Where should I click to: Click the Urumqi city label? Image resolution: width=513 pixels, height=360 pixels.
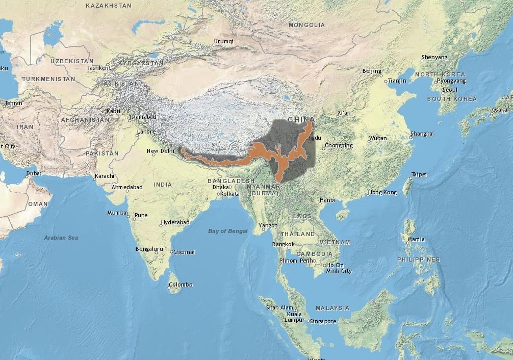(223, 41)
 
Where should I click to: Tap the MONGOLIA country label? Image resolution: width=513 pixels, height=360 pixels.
(306, 25)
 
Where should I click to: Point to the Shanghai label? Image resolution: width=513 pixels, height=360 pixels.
(423, 134)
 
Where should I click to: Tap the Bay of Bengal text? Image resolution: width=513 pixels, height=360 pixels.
(228, 231)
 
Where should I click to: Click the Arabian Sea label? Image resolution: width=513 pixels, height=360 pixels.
(61, 238)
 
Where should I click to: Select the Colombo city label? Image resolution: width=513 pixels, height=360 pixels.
(181, 285)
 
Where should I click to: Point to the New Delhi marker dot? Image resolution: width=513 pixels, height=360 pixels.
(153, 155)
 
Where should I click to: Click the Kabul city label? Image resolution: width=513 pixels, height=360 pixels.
(114, 111)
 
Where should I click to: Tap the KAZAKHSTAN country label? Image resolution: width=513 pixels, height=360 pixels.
(109, 6)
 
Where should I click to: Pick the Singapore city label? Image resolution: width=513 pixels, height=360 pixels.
(323, 321)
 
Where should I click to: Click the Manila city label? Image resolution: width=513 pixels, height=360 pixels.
(416, 239)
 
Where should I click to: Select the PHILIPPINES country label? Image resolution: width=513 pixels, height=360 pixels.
(419, 260)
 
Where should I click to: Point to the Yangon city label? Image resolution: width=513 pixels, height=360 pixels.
(268, 225)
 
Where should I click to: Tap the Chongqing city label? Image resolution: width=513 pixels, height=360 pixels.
(339, 145)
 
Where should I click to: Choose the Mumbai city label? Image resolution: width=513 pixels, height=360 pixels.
(117, 213)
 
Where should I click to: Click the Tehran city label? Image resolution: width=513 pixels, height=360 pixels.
(13, 103)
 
